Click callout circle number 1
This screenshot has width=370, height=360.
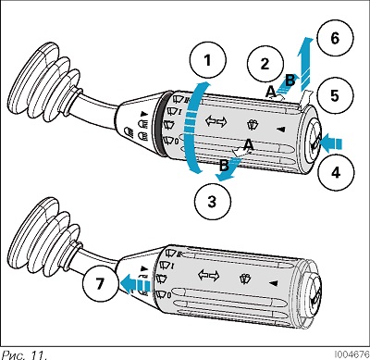[208, 60]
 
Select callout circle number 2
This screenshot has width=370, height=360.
[265, 64]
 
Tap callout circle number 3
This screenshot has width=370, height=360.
[213, 202]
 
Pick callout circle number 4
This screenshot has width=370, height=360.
[336, 172]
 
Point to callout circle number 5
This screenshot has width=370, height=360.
[335, 95]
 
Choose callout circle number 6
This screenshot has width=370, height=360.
[335, 39]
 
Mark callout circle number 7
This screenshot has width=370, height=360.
[100, 283]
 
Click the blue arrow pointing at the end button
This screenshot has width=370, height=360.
[331, 143]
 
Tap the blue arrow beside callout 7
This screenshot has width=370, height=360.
[135, 283]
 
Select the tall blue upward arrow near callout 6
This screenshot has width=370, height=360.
[305, 64]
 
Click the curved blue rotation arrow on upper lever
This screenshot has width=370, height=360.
[191, 128]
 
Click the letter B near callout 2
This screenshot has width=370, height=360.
[290, 81]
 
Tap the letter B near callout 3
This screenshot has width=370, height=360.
[224, 166]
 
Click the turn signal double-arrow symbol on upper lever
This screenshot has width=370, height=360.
[216, 121]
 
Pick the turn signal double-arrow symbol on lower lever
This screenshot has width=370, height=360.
[209, 275]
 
